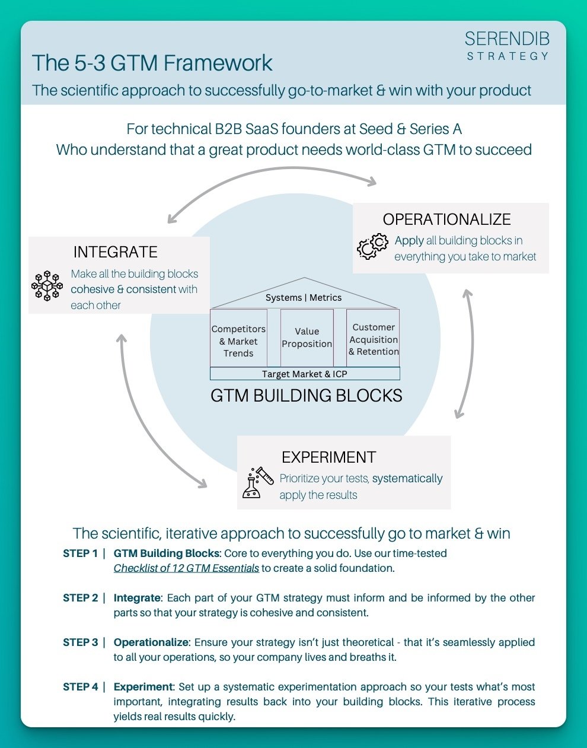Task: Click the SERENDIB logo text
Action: click(x=507, y=39)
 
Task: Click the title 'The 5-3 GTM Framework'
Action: click(x=152, y=63)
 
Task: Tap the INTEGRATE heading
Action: click(x=116, y=252)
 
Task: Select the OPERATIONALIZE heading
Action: click(x=446, y=219)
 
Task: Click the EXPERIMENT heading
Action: click(x=328, y=457)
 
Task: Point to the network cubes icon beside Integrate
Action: click(x=47, y=286)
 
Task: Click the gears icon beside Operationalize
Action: click(x=372, y=247)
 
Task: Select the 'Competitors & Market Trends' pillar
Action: click(x=238, y=341)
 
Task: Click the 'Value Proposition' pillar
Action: click(x=307, y=338)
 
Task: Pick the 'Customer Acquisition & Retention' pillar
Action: click(x=374, y=339)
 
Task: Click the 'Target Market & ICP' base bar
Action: click(x=305, y=374)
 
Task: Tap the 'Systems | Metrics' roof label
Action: click(x=304, y=297)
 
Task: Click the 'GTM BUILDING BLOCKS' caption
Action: click(x=306, y=396)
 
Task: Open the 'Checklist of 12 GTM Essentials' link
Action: click(x=186, y=568)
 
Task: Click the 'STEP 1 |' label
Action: click(x=84, y=553)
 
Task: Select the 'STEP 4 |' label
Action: click(x=84, y=687)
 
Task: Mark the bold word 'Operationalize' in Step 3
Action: click(x=151, y=642)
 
